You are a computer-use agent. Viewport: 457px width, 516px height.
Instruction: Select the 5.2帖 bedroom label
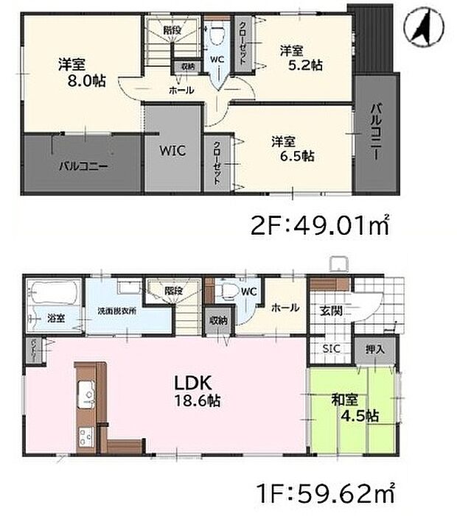coord(299,57)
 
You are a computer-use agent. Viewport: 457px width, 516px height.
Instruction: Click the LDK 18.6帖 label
coord(193,392)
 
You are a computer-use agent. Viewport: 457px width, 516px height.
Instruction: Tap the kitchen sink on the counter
coord(83,391)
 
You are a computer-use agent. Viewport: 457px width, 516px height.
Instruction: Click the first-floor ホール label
coord(285,308)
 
